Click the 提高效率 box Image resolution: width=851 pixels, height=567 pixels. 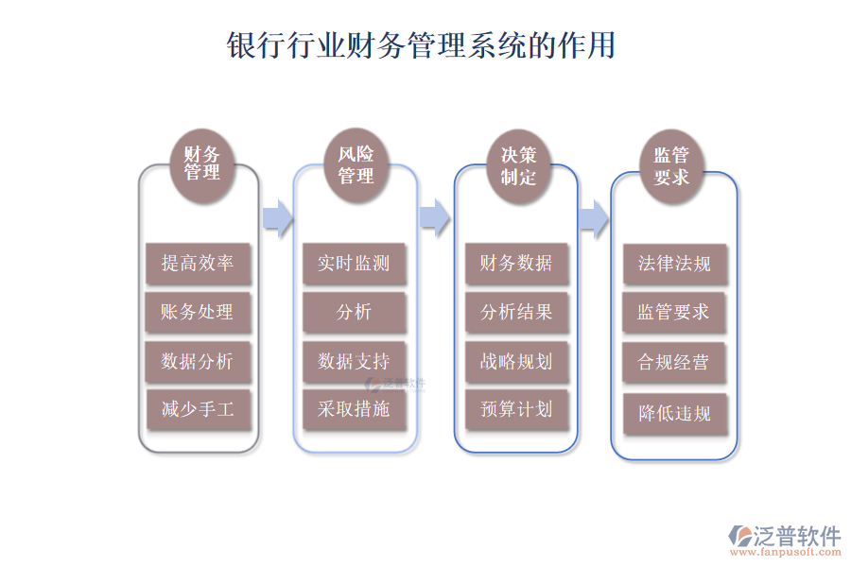pyautogui.click(x=198, y=264)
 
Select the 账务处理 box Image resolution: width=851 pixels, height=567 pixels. pyautogui.click(x=198, y=313)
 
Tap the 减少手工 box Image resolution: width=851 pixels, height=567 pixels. pyautogui.click(x=198, y=411)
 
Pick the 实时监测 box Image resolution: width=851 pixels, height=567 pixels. pyautogui.click(x=354, y=264)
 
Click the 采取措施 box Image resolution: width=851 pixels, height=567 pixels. pyautogui.click(x=354, y=409)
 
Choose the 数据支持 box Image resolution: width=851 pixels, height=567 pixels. pyautogui.click(x=354, y=362)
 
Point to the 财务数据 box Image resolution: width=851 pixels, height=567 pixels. pyautogui.click(x=516, y=264)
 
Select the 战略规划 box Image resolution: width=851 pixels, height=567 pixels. pyautogui.click(x=516, y=362)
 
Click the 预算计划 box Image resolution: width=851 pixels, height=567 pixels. pyautogui.click(x=516, y=410)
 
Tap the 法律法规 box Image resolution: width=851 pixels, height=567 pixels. pyautogui.click(x=674, y=264)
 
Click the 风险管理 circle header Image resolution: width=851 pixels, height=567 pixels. pyautogui.click(x=356, y=165)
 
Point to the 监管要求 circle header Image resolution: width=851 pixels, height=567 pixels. pyautogui.click(x=671, y=165)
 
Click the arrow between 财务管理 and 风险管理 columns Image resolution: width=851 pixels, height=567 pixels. pyautogui.click(x=277, y=216)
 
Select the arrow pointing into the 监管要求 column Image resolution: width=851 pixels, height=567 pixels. pyautogui.click(x=593, y=216)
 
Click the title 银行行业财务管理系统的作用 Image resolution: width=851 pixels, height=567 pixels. pyautogui.click(x=422, y=45)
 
